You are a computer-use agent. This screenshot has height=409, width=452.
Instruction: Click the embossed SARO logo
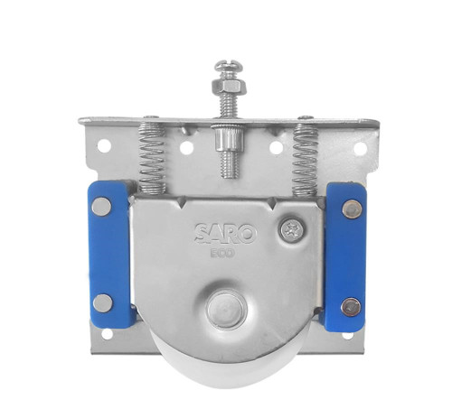click(x=225, y=233)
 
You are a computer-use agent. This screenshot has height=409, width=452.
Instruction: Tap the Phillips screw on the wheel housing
click(x=292, y=228)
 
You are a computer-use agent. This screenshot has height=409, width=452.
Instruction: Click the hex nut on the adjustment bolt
click(x=230, y=87)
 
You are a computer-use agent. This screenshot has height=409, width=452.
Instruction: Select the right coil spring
click(x=306, y=159)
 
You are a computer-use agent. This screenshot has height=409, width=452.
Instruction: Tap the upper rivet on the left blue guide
click(x=101, y=207)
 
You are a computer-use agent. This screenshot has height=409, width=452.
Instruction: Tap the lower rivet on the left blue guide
click(x=103, y=303)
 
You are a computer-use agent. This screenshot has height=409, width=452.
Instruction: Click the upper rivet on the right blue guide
click(x=352, y=209)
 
